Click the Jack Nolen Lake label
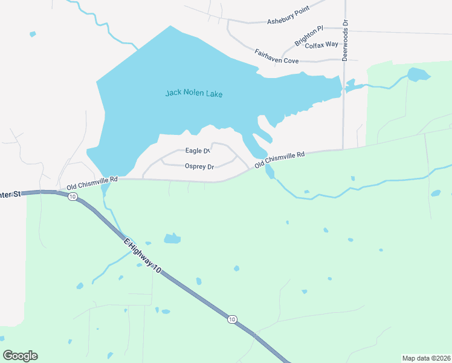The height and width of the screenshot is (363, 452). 194,93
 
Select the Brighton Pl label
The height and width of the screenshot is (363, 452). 309,36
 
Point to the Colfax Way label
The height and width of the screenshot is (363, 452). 321,45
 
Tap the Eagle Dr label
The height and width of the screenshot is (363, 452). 197,151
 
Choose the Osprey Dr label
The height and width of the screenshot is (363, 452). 199,166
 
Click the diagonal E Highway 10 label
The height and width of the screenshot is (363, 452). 143,258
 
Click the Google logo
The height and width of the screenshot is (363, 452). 20,356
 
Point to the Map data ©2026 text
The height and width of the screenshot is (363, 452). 426,358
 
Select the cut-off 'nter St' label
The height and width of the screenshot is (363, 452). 10,194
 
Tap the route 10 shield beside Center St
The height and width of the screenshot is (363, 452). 73,197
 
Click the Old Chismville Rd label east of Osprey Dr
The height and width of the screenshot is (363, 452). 279,160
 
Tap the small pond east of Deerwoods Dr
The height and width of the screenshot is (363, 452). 418,75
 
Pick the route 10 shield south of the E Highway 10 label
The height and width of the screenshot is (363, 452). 231,319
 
